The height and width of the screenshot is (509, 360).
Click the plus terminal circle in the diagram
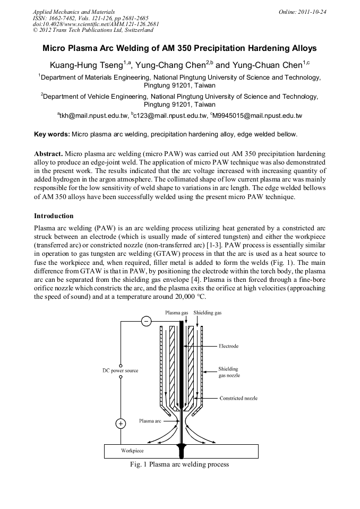pos(121,424)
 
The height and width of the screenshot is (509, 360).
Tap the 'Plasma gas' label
pos(177,313)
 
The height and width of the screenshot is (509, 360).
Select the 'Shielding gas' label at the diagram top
pos(208,313)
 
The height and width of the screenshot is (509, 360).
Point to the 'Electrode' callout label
pos(229,346)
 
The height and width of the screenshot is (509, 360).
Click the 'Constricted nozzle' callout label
pos(238,398)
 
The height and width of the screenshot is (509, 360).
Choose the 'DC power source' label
pos(120,370)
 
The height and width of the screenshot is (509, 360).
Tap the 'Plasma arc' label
pos(150,421)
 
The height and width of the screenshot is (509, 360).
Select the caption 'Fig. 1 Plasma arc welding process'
pos(179,464)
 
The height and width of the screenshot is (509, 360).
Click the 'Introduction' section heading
pos(54,216)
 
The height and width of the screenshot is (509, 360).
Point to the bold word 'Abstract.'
pos(49,153)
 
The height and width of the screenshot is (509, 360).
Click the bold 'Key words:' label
pos(52,134)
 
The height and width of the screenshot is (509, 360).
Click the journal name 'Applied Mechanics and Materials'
pos(73,12)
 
